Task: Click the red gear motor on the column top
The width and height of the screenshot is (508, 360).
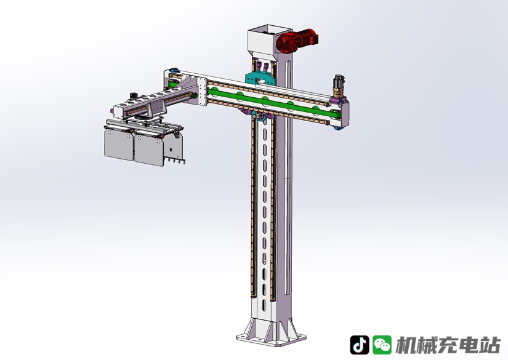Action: [x=296, y=40]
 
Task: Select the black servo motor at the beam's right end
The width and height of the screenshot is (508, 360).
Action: [x=339, y=82]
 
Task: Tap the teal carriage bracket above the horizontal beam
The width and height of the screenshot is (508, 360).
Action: [x=260, y=78]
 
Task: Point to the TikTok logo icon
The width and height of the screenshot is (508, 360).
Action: [x=359, y=345]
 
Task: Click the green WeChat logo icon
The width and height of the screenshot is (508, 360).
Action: [x=382, y=345]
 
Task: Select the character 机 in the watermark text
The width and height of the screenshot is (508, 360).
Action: [x=406, y=345]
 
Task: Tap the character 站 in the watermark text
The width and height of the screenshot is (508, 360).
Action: [x=490, y=345]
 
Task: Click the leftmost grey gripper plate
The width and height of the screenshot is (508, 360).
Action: [x=119, y=145]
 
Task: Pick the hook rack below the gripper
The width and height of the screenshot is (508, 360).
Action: [x=175, y=160]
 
